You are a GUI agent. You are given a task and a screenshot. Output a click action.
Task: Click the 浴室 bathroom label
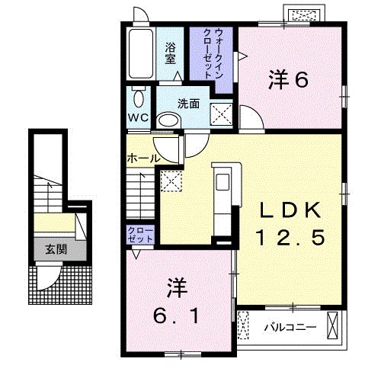coord(170,53)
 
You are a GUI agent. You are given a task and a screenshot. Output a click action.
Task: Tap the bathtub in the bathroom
coord(141,54)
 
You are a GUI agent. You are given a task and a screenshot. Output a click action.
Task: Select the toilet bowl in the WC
coord(139,98)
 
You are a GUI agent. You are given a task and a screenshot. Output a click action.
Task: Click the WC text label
coord(138,117)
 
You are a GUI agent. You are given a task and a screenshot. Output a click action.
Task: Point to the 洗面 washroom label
coord(188,104)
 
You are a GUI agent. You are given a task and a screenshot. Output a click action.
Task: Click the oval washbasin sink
coord(168,120)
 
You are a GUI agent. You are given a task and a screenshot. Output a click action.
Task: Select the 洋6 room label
coord(288,79)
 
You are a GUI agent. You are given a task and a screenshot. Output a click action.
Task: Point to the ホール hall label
coord(143,158)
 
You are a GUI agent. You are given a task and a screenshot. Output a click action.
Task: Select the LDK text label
coord(290,210)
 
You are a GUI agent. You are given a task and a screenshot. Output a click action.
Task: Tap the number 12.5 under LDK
coord(290,237)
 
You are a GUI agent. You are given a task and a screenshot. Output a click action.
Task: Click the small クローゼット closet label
coord(140,235)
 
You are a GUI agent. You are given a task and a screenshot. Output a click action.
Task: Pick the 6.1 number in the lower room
coord(175,316)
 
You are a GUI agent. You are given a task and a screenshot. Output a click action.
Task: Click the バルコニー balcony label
coord(290,327)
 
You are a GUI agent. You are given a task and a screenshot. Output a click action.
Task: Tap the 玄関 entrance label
coord(56,250)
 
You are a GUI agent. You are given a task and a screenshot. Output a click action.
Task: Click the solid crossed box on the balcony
coord(332,325)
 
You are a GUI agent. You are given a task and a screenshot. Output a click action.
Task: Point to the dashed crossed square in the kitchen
coord(171,181)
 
